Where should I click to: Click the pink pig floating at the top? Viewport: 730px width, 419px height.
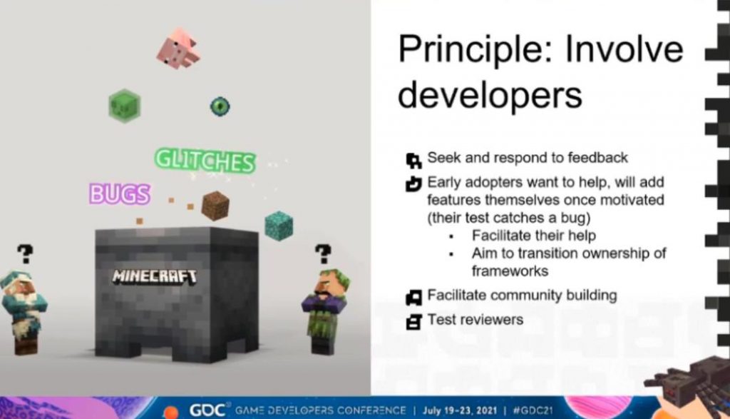178,49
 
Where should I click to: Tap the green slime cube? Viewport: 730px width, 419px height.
124,106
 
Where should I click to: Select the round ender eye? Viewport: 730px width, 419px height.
220,106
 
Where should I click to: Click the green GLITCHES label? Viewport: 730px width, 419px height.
205,161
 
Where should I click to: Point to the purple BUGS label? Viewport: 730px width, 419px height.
120,193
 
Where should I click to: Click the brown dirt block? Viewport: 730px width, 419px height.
215,206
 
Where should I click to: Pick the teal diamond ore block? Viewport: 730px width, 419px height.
279,226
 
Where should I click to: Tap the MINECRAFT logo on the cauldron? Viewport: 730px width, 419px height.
155,276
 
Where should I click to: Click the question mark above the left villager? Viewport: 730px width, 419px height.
25,254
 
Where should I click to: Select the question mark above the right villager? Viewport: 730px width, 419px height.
323,255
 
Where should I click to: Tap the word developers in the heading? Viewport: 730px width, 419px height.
490,94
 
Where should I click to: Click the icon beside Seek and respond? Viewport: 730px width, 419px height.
413,161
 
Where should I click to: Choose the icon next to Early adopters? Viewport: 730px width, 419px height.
413,183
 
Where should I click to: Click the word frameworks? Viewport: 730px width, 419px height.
510,271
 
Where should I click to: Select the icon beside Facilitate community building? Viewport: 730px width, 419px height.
413,297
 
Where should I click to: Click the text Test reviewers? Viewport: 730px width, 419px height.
475,319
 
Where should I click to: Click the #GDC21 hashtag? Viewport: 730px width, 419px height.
533,410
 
